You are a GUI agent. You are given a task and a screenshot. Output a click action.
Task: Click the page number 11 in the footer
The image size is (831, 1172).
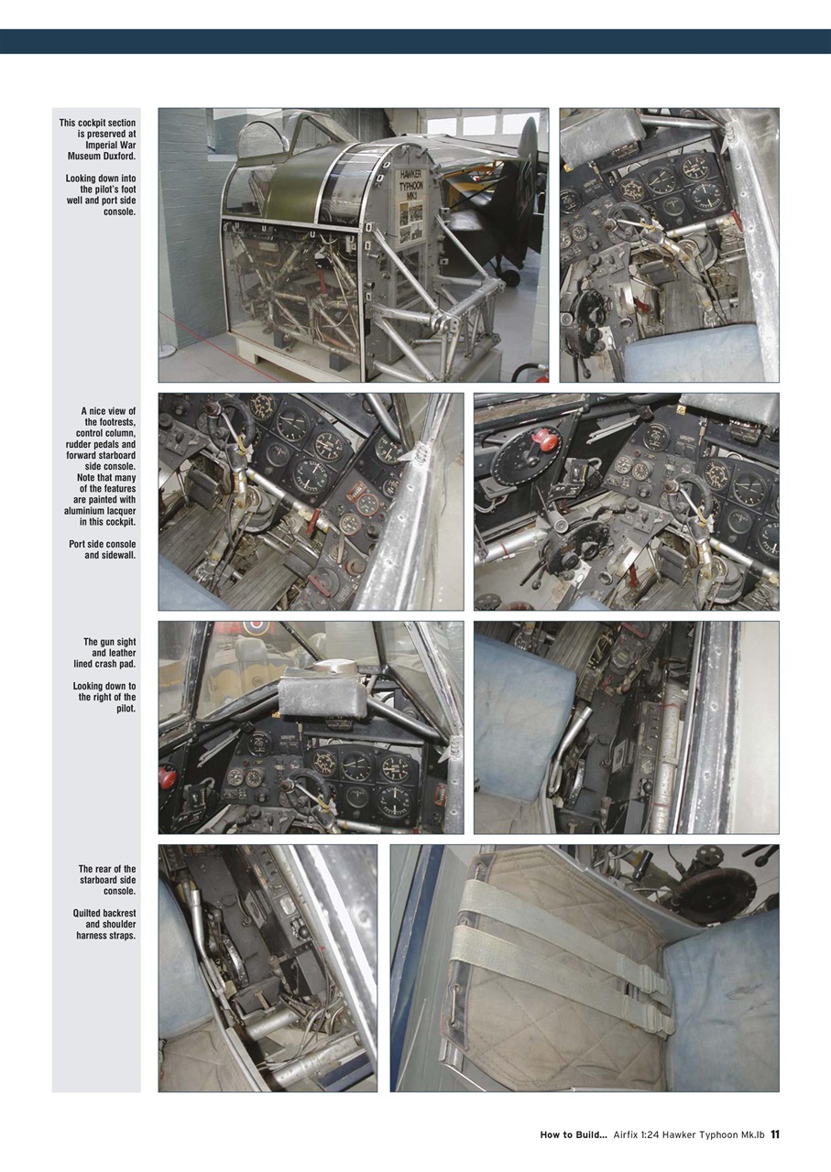[x=774, y=1134]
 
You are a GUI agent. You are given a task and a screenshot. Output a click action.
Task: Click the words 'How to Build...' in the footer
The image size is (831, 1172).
[x=573, y=1134]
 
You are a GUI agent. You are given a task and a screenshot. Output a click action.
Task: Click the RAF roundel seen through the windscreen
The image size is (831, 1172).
[x=255, y=627]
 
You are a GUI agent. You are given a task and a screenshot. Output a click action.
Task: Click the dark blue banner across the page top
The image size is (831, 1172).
[x=415, y=41]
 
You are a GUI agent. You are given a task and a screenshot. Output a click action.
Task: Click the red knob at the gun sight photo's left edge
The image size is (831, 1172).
[x=167, y=776]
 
